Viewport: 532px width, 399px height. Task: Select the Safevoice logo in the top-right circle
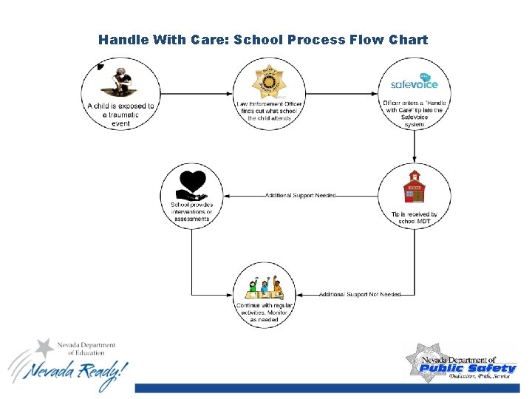click(415, 82)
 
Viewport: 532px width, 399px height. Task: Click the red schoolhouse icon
click(414, 188)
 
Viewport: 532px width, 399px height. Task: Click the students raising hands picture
click(266, 288)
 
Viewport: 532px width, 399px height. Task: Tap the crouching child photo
click(120, 81)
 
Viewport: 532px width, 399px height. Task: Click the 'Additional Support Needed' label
click(300, 196)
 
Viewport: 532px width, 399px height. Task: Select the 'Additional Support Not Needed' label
click(360, 294)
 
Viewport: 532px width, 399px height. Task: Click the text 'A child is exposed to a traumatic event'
click(120, 115)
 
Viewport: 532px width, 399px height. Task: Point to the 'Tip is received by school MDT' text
click(415, 218)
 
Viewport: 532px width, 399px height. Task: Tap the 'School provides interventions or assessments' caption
click(191, 212)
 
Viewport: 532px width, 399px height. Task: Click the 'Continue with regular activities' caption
click(265, 312)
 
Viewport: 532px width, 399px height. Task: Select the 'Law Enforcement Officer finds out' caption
click(269, 112)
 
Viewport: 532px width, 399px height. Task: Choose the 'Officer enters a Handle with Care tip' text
click(415, 113)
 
